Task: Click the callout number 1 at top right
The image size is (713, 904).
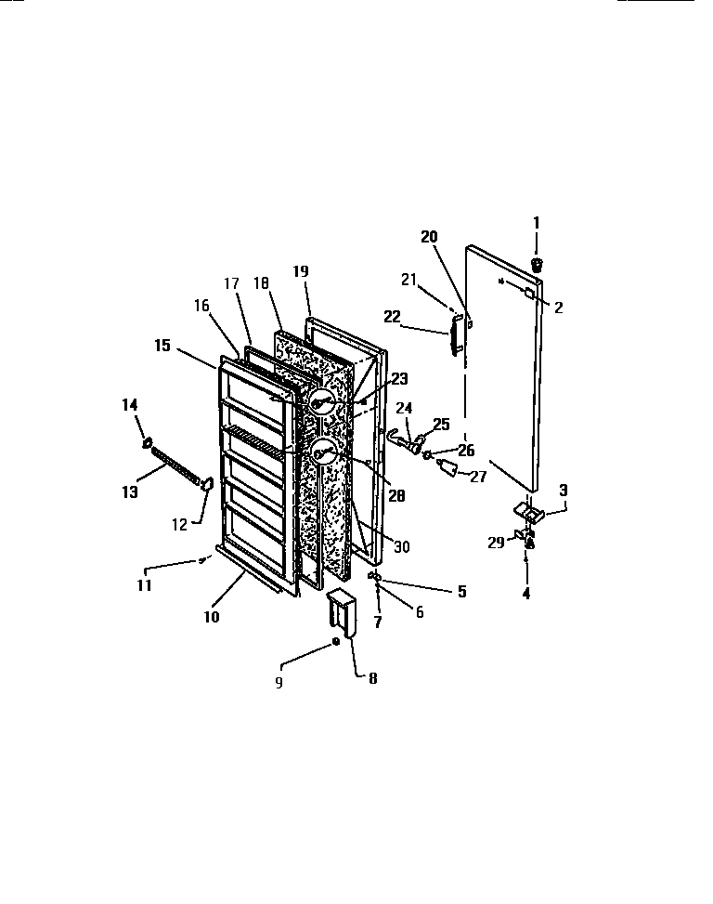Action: click(x=535, y=222)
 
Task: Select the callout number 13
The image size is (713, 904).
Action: click(x=132, y=491)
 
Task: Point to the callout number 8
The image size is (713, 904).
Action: click(x=372, y=677)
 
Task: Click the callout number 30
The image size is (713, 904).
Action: click(x=401, y=546)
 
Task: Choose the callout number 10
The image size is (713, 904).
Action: click(x=212, y=616)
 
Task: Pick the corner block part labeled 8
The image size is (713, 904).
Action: click(x=341, y=613)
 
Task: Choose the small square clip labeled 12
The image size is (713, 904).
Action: click(x=206, y=483)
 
